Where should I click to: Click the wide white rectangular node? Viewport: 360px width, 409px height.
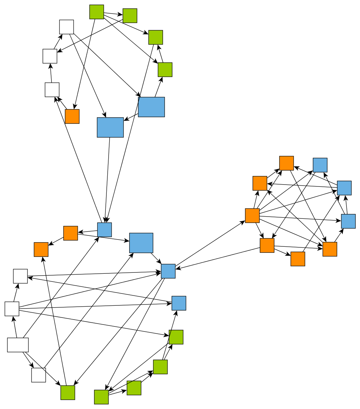[x=18, y=345]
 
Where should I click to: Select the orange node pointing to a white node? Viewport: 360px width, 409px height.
[x=72, y=116]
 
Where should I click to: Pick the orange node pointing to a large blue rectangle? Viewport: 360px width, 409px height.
[x=71, y=233]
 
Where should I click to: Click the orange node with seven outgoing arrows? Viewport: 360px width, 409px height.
[x=252, y=215]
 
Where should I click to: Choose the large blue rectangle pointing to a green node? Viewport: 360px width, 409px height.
[x=151, y=107]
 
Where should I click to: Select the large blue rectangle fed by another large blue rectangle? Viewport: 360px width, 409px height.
[x=110, y=127]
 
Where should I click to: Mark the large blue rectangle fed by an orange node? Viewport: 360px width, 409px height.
[x=141, y=243]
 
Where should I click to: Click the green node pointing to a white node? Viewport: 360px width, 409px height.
[x=130, y=15]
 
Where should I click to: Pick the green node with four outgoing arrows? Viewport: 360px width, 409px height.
[x=97, y=12]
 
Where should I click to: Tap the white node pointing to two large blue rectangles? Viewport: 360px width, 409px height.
[x=67, y=27]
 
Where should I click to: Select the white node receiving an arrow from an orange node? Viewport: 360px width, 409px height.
[x=52, y=89]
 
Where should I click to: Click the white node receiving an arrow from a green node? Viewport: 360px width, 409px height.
[x=50, y=56]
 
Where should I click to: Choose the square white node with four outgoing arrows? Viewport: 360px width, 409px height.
[x=12, y=309]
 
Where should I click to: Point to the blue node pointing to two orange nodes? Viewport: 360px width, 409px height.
[x=344, y=188]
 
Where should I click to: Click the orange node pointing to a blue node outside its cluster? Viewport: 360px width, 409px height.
[x=267, y=245]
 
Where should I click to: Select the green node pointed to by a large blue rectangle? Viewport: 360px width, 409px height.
[x=165, y=69]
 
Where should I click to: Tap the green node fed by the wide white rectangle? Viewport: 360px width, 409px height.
[x=68, y=392]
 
